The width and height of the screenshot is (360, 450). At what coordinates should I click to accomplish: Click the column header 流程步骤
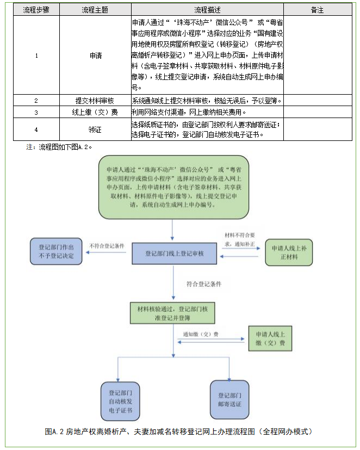(x=36, y=10)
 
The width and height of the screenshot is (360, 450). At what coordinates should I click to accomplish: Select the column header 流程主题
(x=95, y=10)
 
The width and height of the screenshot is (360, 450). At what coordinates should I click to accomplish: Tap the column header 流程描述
(x=207, y=10)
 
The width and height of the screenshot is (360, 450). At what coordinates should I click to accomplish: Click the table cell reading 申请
(x=95, y=56)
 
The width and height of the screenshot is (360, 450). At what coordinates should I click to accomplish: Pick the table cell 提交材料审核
(x=95, y=101)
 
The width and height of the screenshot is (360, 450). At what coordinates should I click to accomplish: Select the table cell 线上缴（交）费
(x=95, y=112)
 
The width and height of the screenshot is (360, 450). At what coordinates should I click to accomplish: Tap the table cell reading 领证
(x=95, y=130)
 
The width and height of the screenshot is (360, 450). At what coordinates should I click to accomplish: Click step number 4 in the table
(x=36, y=130)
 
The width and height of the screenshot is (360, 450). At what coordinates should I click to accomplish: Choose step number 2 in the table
(x=36, y=101)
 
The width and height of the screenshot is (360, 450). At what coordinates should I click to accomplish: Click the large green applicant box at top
(x=173, y=187)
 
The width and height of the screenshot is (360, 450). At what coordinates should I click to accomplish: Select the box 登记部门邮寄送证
(x=229, y=400)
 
